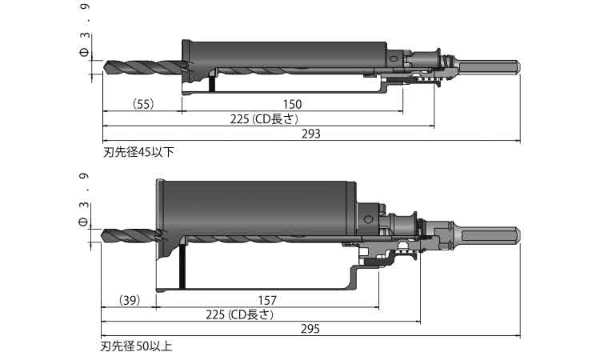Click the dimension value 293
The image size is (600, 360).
pos(311,134)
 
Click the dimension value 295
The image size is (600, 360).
pos(310,329)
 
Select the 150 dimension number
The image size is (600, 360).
pos(292,105)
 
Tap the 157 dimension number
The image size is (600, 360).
pos(266,301)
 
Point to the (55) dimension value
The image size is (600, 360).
pos(143,104)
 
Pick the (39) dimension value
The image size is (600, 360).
pos(130,300)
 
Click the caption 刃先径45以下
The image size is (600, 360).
pos(138,152)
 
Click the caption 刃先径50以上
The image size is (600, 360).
pos(136,346)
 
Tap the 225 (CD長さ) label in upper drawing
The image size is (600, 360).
pos(264,119)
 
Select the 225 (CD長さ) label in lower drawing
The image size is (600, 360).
pos(240,315)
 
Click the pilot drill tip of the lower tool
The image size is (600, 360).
pos(102,235)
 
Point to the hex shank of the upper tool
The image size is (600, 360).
pos(490,66)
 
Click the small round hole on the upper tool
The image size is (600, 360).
pos(393,58)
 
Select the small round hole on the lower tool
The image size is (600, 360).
pos(368,219)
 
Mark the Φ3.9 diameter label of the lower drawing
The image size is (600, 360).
pos(84,200)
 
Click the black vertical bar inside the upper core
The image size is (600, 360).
pos(211,83)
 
